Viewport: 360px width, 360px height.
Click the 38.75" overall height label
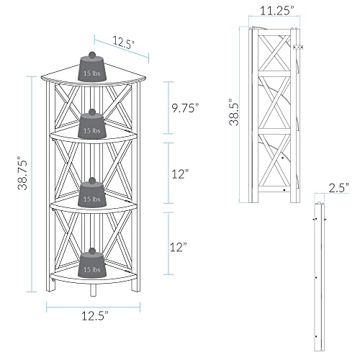[x=23, y=174]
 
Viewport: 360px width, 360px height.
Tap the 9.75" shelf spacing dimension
[x=186, y=108]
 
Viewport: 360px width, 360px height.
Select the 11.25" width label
[x=277, y=10]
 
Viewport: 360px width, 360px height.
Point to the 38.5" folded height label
[x=234, y=112]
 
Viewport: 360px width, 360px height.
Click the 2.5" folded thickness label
[x=338, y=188]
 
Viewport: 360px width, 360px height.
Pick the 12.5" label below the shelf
[x=95, y=315]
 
